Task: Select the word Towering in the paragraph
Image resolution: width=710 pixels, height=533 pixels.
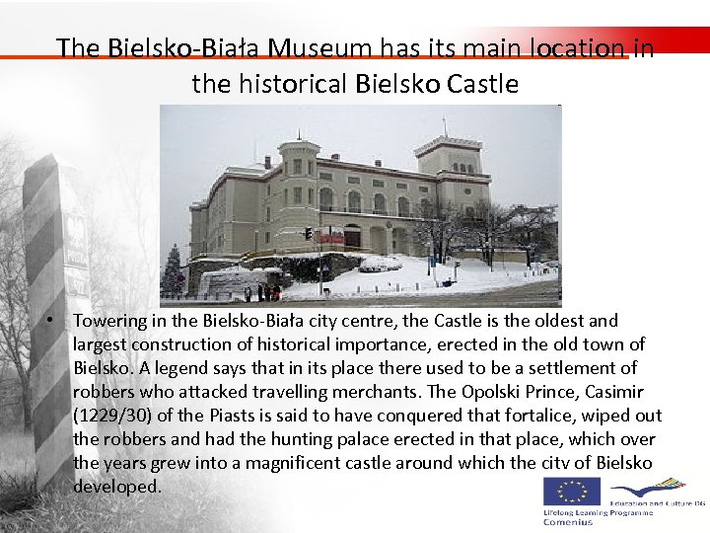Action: tap(109, 321)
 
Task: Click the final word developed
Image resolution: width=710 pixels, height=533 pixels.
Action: tap(116, 487)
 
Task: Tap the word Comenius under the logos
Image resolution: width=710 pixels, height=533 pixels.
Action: tap(569, 522)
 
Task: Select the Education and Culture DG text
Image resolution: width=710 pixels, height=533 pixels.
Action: tap(657, 503)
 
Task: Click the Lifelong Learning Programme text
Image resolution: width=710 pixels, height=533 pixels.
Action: tap(596, 512)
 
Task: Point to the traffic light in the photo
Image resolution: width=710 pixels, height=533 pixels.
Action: tap(309, 233)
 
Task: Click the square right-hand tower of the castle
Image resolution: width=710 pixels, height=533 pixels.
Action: tap(448, 163)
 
